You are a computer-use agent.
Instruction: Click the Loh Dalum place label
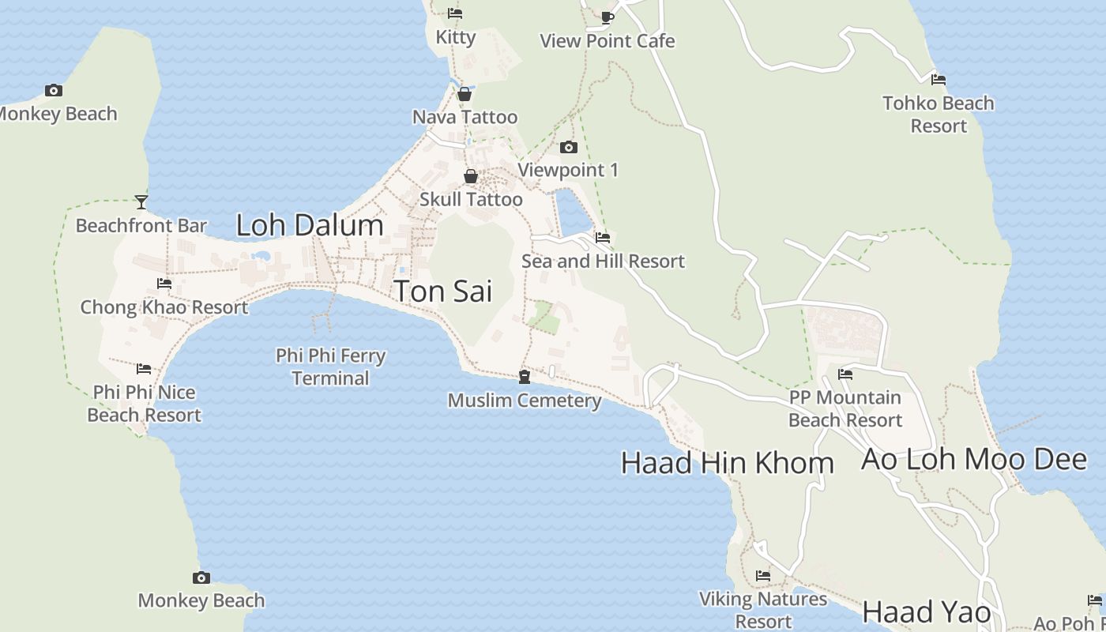[x=310, y=225]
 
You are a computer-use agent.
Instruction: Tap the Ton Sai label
[x=442, y=291]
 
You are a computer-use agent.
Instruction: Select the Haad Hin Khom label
[x=727, y=463]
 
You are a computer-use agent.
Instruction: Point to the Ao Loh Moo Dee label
[x=973, y=459]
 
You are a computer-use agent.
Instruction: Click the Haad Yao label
[x=926, y=611]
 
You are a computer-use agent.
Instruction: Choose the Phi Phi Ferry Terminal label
[x=330, y=367]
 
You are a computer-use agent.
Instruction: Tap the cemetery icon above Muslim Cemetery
[x=524, y=377]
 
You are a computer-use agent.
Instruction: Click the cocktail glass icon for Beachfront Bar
[x=141, y=202]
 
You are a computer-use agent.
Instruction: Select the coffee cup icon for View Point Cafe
[x=607, y=17]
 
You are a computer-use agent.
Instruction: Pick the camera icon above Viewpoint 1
[x=568, y=147]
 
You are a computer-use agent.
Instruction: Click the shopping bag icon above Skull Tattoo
[x=471, y=176]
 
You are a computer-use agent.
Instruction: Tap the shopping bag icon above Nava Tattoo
[x=465, y=94]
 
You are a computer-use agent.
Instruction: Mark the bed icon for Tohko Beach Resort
[x=938, y=79]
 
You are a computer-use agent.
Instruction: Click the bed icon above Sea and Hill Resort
[x=603, y=237]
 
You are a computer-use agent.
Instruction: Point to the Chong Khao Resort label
[x=164, y=307]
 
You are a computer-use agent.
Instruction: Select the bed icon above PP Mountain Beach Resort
[x=845, y=374]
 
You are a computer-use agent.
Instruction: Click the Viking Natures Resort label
[x=763, y=610]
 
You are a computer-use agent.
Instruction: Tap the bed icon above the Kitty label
[x=455, y=13]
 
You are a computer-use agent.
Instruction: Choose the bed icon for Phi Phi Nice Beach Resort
[x=144, y=368]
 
